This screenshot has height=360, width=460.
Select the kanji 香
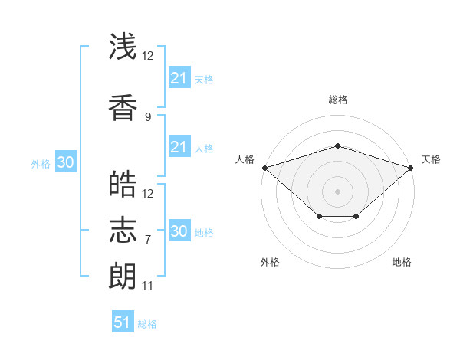point(123,108)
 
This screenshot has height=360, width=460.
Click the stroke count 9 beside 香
point(148,116)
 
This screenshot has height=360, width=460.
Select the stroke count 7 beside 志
point(148,240)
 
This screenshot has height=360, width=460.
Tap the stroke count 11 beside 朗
point(148,286)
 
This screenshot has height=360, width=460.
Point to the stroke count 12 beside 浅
point(148,55)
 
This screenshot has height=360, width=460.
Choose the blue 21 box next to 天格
point(179,78)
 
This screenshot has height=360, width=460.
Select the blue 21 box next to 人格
point(179,147)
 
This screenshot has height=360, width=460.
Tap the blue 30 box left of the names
point(65,162)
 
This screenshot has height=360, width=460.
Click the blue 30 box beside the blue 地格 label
point(179,231)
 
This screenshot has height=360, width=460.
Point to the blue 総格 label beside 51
point(147,324)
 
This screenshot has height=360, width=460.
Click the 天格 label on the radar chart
point(432,159)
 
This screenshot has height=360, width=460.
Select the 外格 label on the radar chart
point(270,262)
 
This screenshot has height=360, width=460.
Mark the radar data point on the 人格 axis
point(264,167)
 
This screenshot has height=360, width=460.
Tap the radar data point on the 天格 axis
point(411,167)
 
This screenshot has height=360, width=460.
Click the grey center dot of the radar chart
point(337,191)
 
